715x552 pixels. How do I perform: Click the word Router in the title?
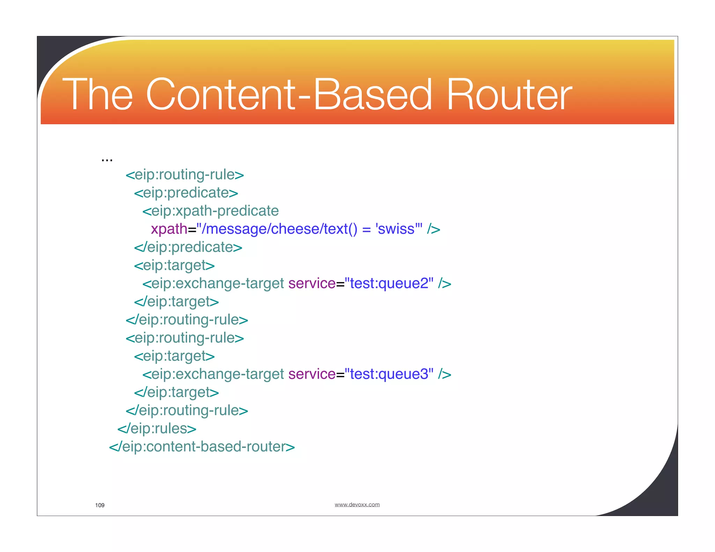(509, 95)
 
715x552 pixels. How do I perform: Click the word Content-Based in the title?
(289, 95)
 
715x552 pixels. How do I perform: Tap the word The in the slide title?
(97, 95)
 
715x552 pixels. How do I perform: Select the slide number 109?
(100, 505)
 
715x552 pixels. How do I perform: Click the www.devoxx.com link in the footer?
(357, 505)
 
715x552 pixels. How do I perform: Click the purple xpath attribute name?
(169, 229)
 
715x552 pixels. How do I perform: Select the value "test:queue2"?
(389, 283)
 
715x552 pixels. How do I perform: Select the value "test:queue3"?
(389, 374)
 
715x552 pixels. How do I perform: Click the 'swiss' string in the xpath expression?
(396, 229)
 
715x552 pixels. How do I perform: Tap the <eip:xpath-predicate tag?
(211, 211)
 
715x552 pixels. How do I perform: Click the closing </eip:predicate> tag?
(188, 247)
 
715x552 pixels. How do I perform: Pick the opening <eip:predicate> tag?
(186, 193)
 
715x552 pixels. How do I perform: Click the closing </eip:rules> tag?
(157, 428)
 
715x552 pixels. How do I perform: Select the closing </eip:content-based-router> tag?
(202, 447)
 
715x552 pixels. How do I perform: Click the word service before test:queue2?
(312, 283)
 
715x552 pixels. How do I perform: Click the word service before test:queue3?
(312, 374)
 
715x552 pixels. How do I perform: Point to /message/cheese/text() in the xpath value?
(279, 229)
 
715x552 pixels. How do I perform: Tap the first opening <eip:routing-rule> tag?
(185, 175)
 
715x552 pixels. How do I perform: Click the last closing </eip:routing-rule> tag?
(187, 410)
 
